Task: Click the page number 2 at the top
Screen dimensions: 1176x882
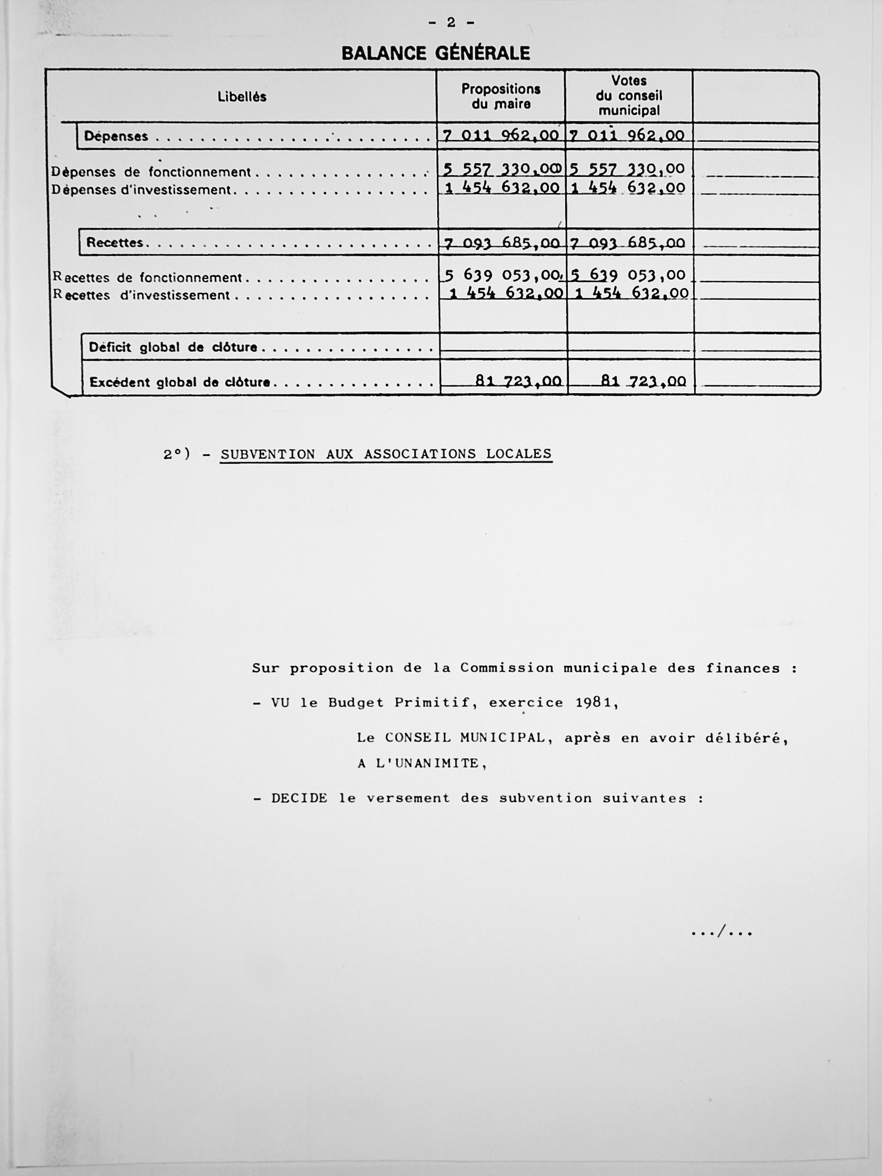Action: pyautogui.click(x=451, y=22)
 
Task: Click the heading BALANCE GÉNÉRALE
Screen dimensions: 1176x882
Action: pyautogui.click(x=435, y=53)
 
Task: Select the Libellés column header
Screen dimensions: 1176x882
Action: pyautogui.click(x=242, y=97)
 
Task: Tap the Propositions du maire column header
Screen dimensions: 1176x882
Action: pyautogui.click(x=501, y=96)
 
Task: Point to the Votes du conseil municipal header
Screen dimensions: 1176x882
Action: pyautogui.click(x=629, y=96)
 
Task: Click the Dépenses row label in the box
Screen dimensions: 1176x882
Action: pyautogui.click(x=116, y=137)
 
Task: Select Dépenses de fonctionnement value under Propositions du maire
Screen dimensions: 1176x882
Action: pyautogui.click(x=502, y=170)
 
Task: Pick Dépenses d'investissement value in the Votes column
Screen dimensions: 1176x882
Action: pyautogui.click(x=628, y=188)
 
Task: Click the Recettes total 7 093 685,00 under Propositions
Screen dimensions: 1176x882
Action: pyautogui.click(x=502, y=244)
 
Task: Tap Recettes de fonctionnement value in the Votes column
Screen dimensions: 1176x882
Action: pyautogui.click(x=628, y=275)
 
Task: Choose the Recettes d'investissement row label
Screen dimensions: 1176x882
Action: pyautogui.click(x=142, y=295)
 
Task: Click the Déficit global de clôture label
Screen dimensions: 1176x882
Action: pyautogui.click(x=173, y=348)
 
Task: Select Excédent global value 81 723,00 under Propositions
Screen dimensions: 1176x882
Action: pyautogui.click(x=518, y=381)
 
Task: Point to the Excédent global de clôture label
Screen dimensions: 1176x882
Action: pyautogui.click(x=179, y=382)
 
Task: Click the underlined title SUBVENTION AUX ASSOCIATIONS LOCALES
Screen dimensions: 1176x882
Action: pyautogui.click(x=386, y=454)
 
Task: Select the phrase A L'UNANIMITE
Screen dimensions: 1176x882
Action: pyautogui.click(x=422, y=763)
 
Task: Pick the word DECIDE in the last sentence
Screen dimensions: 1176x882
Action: pyautogui.click(x=299, y=798)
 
